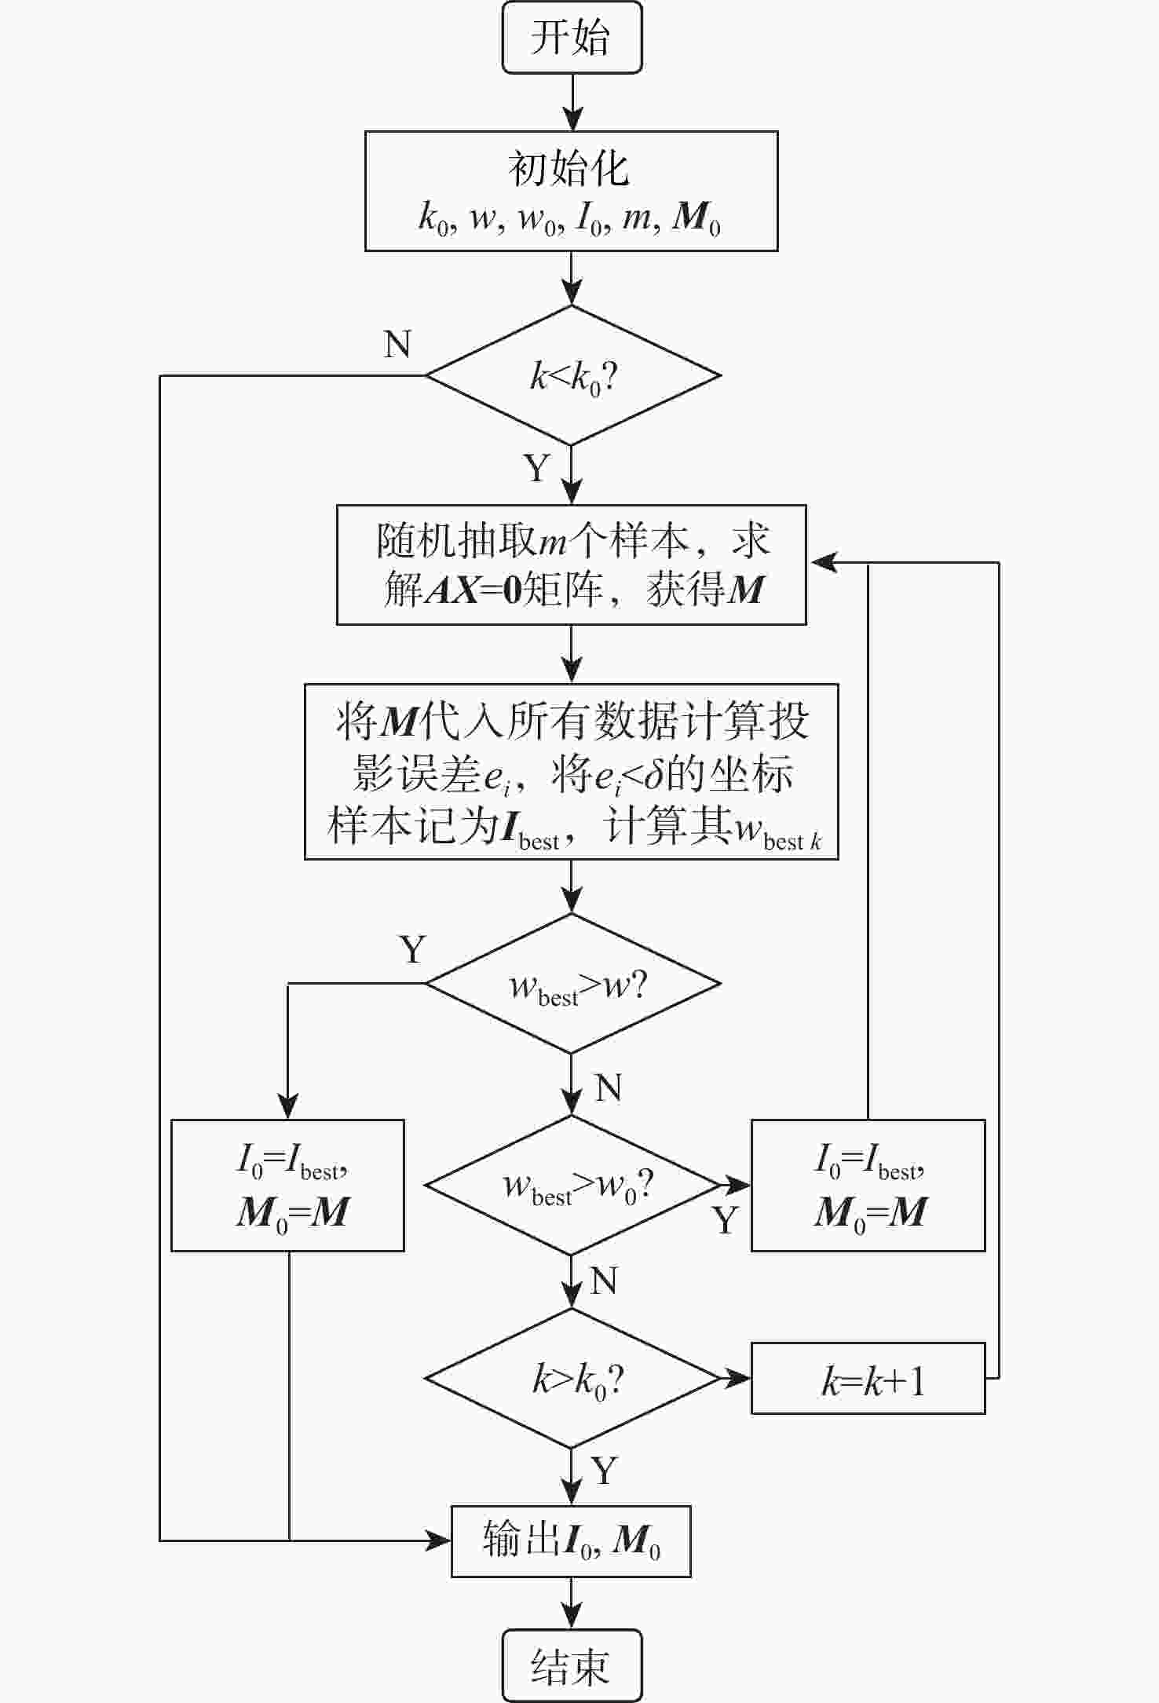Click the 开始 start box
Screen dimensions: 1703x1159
(x=572, y=38)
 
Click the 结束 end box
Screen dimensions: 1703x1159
(x=572, y=1665)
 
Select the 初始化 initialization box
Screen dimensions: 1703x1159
(x=571, y=191)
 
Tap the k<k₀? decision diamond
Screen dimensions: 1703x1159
(x=572, y=375)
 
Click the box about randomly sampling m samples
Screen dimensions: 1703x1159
(x=571, y=565)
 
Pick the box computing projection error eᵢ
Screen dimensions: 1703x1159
(x=571, y=772)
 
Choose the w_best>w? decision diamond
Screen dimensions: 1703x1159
(x=572, y=984)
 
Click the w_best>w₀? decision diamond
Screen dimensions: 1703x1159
(x=572, y=1185)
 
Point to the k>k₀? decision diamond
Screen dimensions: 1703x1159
(x=572, y=1378)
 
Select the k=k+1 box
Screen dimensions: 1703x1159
(x=868, y=1379)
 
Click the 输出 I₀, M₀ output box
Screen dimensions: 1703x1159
(x=571, y=1540)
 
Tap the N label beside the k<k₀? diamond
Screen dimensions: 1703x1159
(x=397, y=344)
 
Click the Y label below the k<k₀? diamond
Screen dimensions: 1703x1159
(x=537, y=468)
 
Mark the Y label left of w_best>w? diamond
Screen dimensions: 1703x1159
(x=413, y=949)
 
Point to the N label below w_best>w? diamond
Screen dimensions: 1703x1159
(x=609, y=1088)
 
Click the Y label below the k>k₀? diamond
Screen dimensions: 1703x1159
(x=604, y=1470)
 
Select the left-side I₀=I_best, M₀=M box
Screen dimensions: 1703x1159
(x=287, y=1185)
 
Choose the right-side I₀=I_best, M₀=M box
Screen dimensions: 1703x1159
(x=868, y=1185)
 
